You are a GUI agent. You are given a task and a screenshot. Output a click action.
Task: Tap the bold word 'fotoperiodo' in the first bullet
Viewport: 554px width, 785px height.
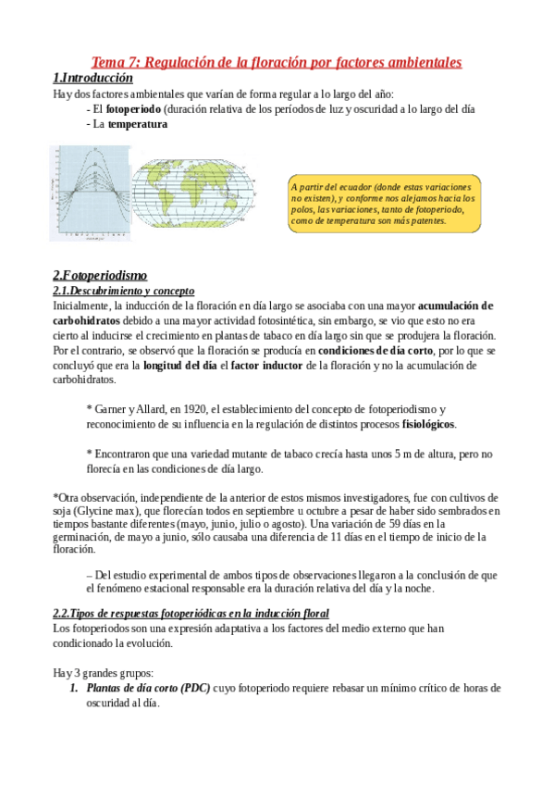click(134, 109)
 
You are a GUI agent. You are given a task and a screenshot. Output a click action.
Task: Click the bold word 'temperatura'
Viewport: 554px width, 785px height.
click(138, 125)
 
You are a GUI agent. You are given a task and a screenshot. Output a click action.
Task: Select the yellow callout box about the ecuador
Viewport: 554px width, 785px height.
click(383, 203)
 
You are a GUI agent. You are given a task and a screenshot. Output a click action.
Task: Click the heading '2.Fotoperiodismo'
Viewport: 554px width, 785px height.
click(99, 275)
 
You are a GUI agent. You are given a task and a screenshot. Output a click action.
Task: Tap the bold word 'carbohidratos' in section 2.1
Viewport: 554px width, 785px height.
click(87, 320)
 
